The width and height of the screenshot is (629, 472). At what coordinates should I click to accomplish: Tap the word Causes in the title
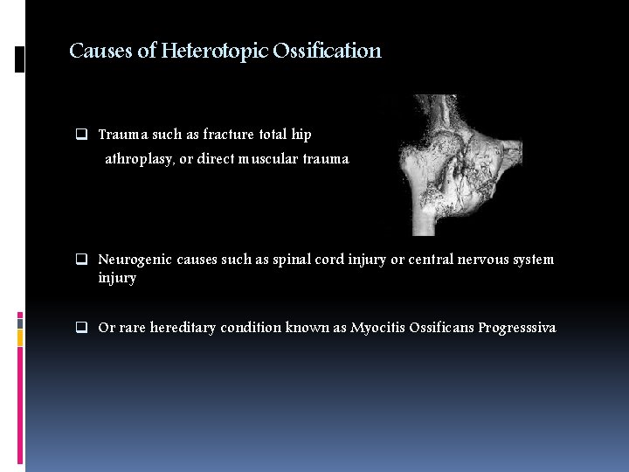click(x=100, y=51)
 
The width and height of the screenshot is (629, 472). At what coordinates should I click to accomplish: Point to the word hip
click(x=301, y=135)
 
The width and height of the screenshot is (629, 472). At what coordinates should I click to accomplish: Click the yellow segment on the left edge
click(x=20, y=338)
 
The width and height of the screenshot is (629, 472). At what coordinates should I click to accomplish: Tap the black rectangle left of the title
click(x=20, y=59)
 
